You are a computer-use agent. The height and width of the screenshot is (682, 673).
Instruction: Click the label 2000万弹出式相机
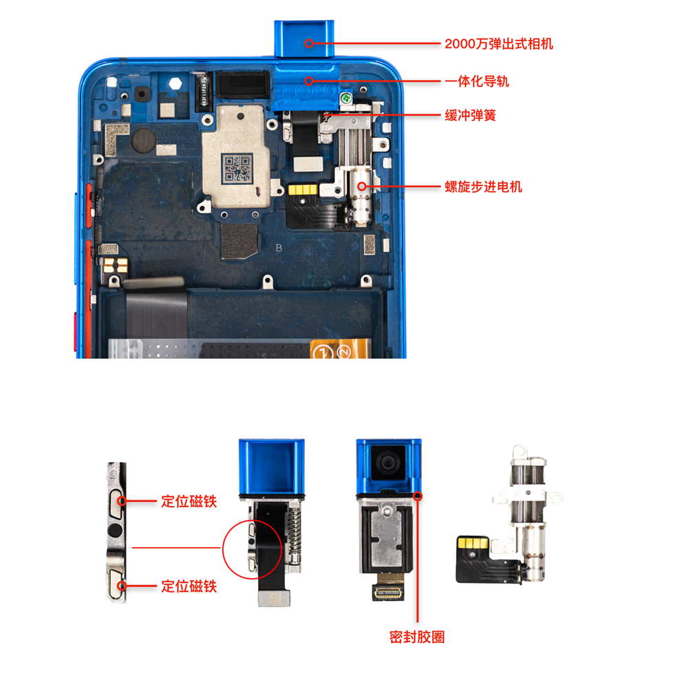[x=498, y=44]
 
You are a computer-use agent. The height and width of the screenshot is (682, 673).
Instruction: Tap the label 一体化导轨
[x=477, y=82]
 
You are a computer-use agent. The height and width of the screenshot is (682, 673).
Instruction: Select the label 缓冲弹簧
[x=470, y=115]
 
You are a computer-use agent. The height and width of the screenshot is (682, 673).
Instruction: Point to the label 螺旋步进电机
[x=484, y=186]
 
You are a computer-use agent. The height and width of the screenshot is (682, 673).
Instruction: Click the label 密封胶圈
[x=417, y=637]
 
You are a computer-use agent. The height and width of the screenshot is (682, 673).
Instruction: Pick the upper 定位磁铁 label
[x=189, y=501]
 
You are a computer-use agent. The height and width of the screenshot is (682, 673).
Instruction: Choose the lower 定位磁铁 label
[x=189, y=586]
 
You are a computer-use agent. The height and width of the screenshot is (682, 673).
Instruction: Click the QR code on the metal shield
[x=236, y=168]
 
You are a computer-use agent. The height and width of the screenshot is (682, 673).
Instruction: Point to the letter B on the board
[x=279, y=247]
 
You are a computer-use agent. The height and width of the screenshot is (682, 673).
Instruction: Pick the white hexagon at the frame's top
[x=176, y=81]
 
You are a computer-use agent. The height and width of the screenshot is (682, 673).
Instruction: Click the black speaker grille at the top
[x=239, y=85]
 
